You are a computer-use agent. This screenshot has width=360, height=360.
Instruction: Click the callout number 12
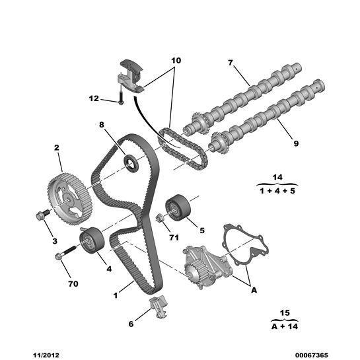point(94,99)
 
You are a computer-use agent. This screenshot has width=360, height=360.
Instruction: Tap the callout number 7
point(231,63)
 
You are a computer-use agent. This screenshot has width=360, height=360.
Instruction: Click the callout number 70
point(73,283)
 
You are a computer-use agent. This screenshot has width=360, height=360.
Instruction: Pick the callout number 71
point(174,236)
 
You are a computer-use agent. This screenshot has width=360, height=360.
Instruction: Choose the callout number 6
point(131,324)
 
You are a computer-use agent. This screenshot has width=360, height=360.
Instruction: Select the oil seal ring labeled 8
point(132,162)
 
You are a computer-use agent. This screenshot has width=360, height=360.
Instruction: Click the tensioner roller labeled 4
point(89,238)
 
